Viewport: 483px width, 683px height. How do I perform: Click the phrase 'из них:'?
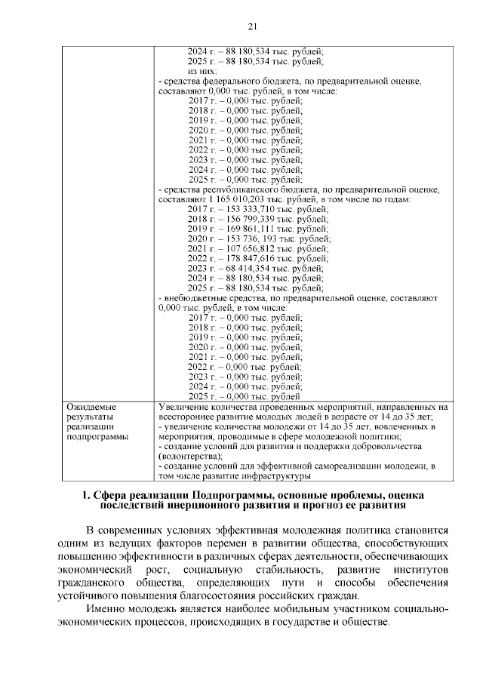tap(201, 71)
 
